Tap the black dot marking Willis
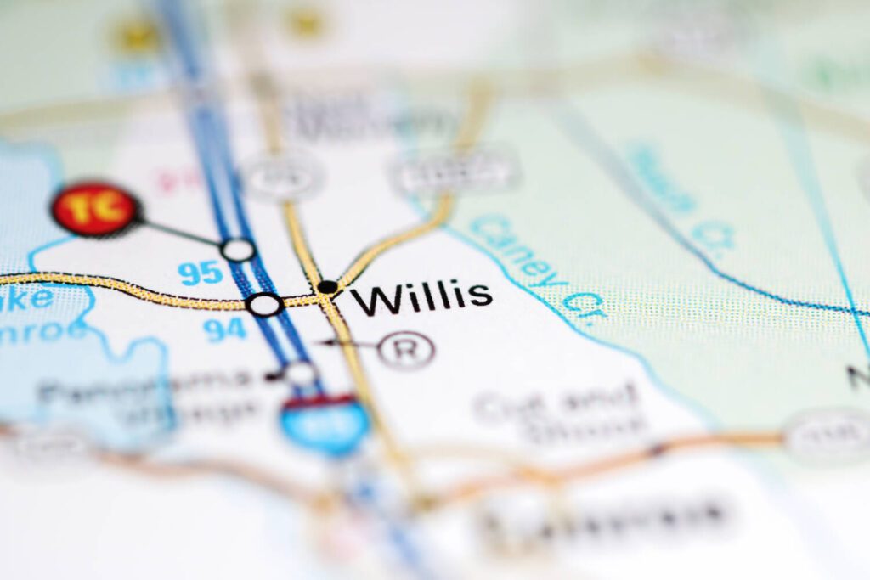pos(327,287)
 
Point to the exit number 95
pos(201,273)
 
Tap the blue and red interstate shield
pos(325,422)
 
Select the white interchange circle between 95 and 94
pos(265,304)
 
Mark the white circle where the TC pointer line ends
pos(238,250)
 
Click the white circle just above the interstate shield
pos(300,372)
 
